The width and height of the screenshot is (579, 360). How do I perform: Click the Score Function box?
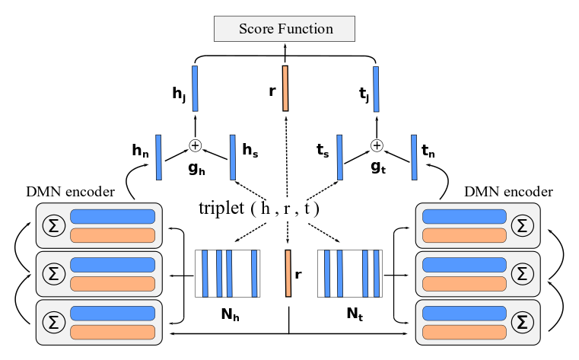[x=285, y=28]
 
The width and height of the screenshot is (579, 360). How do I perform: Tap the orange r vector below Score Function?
[x=285, y=88]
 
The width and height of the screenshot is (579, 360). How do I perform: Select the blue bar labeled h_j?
[x=195, y=88]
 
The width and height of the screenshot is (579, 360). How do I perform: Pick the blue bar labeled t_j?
[x=376, y=89]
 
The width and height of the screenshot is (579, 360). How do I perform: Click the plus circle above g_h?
[x=196, y=145]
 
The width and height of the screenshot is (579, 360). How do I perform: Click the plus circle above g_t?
[x=377, y=145]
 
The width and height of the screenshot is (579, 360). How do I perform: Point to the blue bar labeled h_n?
[x=158, y=158]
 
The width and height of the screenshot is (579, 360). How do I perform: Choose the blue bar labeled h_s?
[x=233, y=158]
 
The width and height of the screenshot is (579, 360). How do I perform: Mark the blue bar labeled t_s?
[x=339, y=158]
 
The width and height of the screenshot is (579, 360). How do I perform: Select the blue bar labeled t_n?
[x=414, y=158]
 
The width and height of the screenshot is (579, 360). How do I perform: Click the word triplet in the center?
[x=221, y=209]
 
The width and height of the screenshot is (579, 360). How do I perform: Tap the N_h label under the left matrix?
[x=230, y=314]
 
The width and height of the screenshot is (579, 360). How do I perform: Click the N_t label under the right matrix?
[x=355, y=314]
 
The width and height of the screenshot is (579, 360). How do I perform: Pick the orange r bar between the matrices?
[x=288, y=273]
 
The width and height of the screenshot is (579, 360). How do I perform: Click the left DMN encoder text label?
[x=70, y=192]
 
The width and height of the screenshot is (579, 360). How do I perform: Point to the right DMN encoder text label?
[x=508, y=192]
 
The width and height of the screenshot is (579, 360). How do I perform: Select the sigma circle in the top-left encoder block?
[x=54, y=225]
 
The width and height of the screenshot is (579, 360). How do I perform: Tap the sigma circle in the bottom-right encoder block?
[x=522, y=322]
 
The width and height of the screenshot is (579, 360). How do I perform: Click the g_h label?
[x=196, y=169]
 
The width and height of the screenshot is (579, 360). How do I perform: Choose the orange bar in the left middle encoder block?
[x=113, y=284]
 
